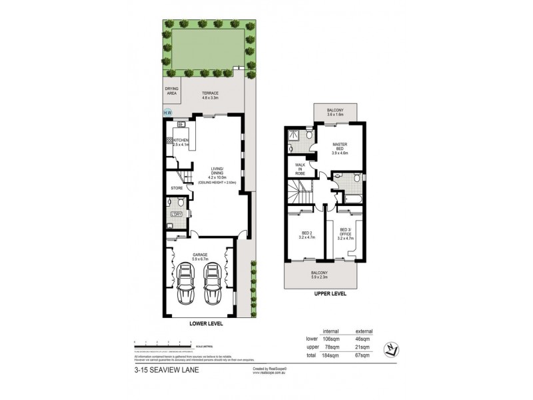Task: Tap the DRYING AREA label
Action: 173,91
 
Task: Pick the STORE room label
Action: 177,189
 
